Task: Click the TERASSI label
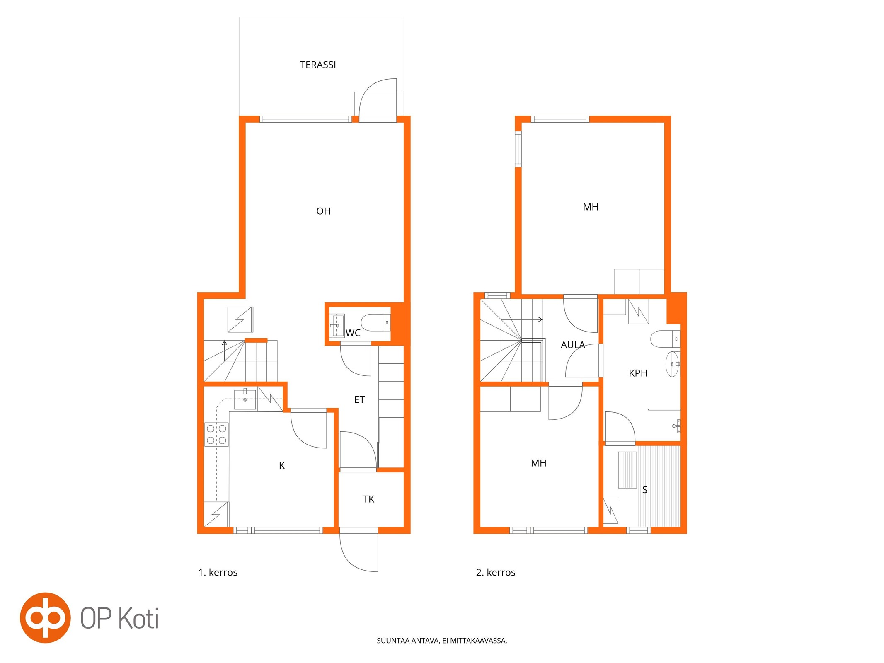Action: point(318,65)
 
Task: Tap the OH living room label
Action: point(323,211)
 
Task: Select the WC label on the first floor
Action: point(353,333)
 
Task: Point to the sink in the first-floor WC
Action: point(337,325)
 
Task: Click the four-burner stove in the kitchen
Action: point(216,434)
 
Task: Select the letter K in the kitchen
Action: point(282,465)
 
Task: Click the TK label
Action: point(368,499)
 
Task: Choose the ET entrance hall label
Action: point(359,399)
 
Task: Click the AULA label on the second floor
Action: point(573,345)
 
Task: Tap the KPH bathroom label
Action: point(638,373)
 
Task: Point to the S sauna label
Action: point(644,490)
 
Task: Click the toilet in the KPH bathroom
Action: point(665,339)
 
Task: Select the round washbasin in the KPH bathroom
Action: point(673,364)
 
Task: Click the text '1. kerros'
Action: point(218,572)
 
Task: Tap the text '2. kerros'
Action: point(496,572)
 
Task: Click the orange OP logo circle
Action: point(46,618)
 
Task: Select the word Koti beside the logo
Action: point(139,618)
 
